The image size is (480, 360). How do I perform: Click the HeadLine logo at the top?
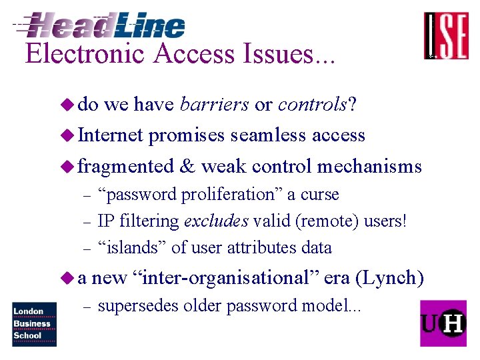100,25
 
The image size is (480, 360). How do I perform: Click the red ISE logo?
446,36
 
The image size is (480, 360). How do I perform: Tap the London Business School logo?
34,324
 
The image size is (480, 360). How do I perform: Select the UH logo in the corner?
443,323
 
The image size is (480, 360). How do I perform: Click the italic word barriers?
215,105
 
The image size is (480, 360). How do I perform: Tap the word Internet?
111,135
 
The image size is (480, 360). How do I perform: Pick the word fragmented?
125,166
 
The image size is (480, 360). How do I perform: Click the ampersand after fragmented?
187,165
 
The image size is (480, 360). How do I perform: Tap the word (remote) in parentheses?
328,221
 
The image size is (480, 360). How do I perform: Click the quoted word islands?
133,247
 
